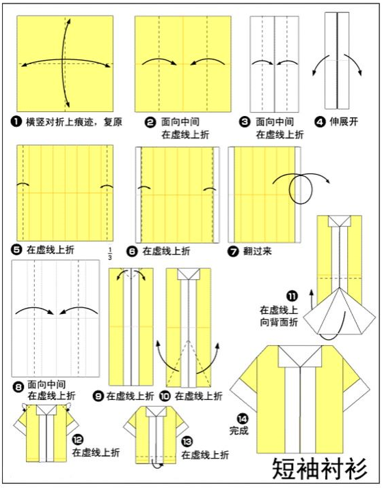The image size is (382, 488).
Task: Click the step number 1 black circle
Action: click(16, 123)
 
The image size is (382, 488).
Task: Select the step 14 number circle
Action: click(242, 418)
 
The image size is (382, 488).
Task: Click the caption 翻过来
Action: click(257, 250)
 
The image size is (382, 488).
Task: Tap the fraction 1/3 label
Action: click(110, 255)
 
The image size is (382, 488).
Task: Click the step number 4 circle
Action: click(319, 123)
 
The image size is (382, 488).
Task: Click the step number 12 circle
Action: click(77, 440)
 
